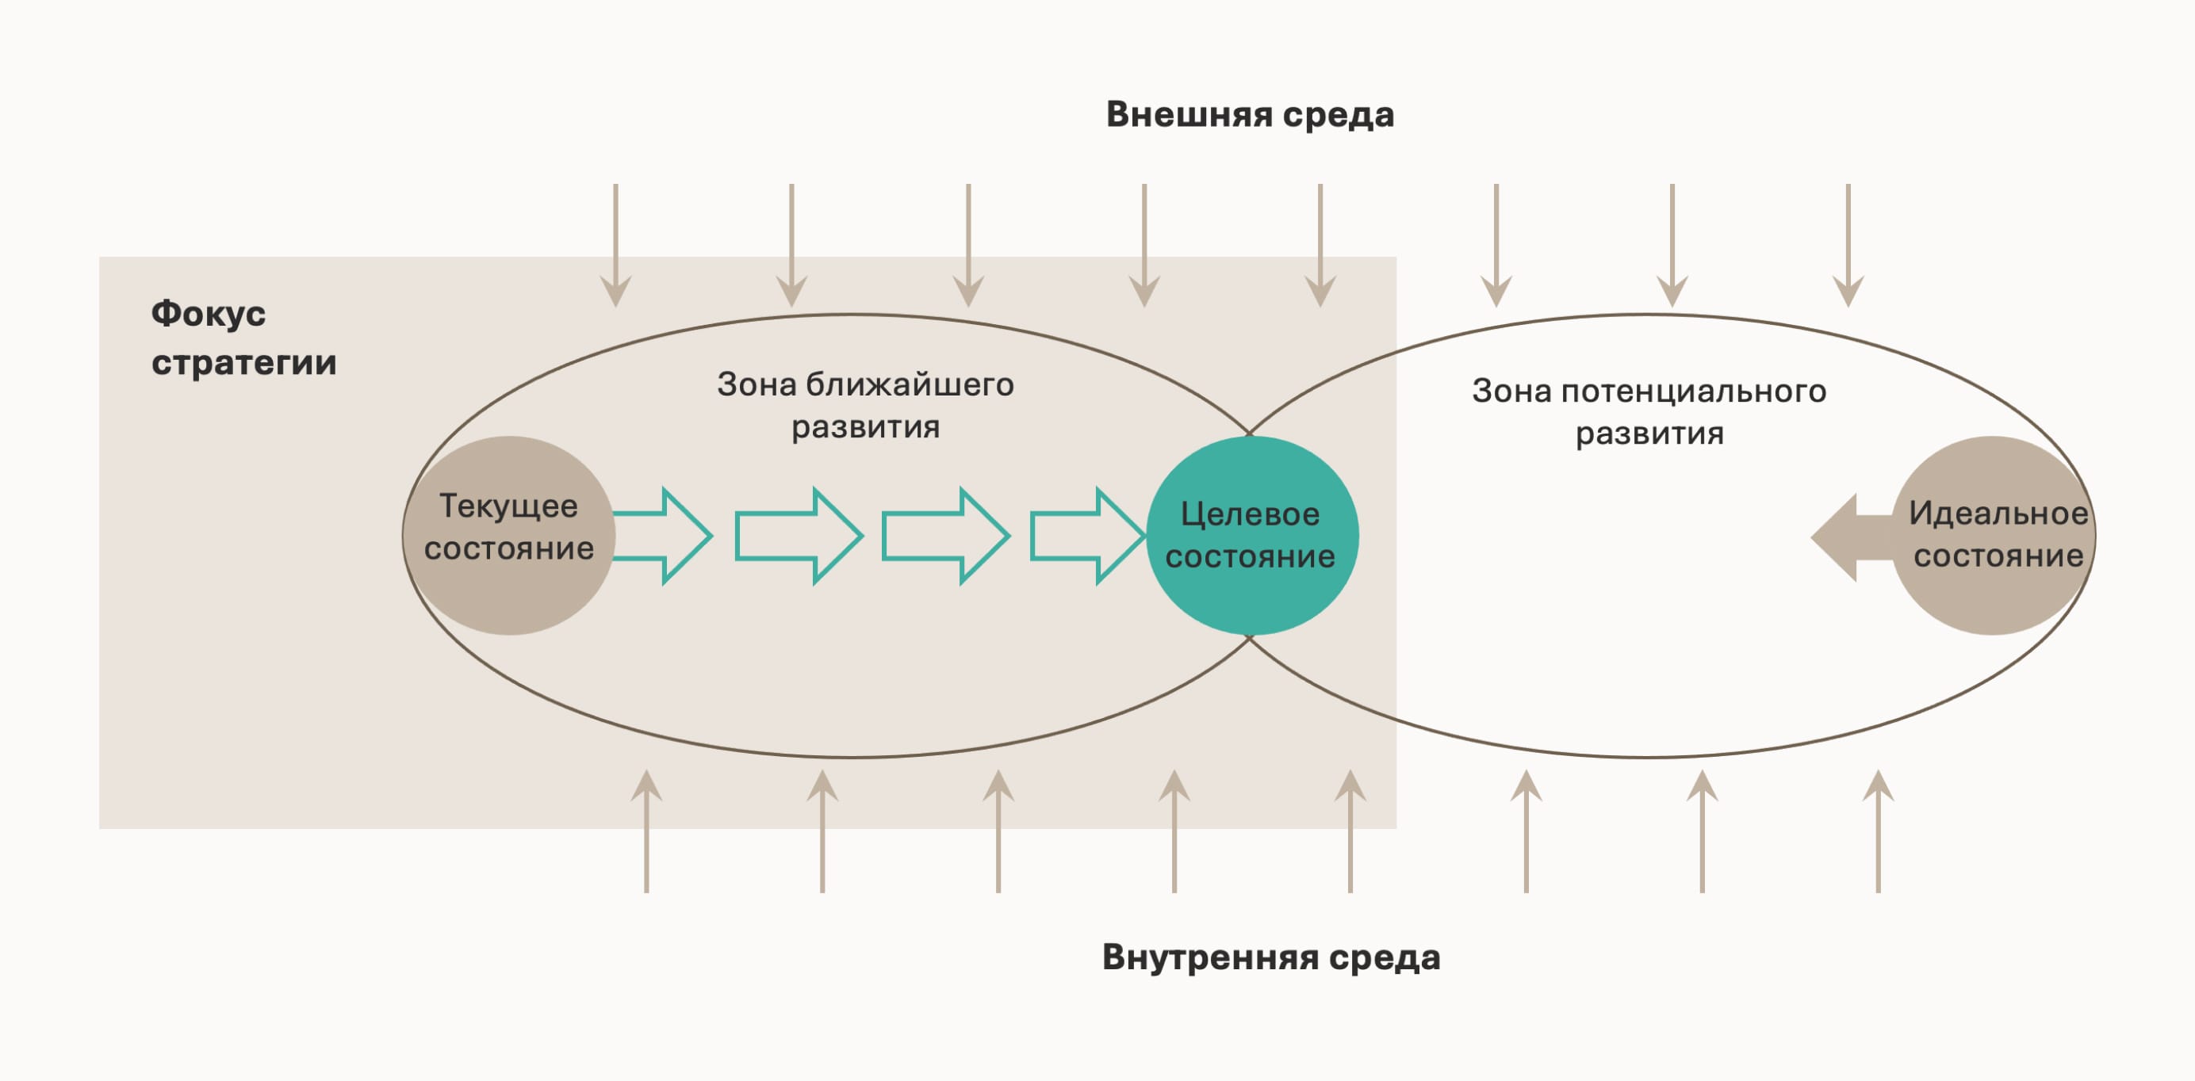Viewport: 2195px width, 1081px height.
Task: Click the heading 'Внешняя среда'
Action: tap(1249, 115)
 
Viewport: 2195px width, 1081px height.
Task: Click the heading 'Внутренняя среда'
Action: tap(1270, 957)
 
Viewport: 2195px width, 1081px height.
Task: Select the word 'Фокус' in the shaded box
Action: tap(208, 315)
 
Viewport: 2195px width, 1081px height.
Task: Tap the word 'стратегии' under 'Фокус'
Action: tap(243, 363)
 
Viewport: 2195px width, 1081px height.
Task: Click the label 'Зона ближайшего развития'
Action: tap(865, 406)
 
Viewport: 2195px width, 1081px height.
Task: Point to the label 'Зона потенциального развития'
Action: tap(1649, 412)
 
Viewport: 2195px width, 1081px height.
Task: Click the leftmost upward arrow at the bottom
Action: tap(647, 831)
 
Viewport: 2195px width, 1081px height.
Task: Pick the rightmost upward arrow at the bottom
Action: tap(1877, 831)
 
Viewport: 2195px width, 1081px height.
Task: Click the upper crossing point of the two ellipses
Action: tap(1250, 433)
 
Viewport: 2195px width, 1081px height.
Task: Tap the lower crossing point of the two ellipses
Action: tap(1250, 638)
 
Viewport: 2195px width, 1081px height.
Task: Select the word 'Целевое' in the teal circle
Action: tap(1249, 514)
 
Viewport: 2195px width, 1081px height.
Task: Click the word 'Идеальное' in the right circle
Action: tap(1998, 514)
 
